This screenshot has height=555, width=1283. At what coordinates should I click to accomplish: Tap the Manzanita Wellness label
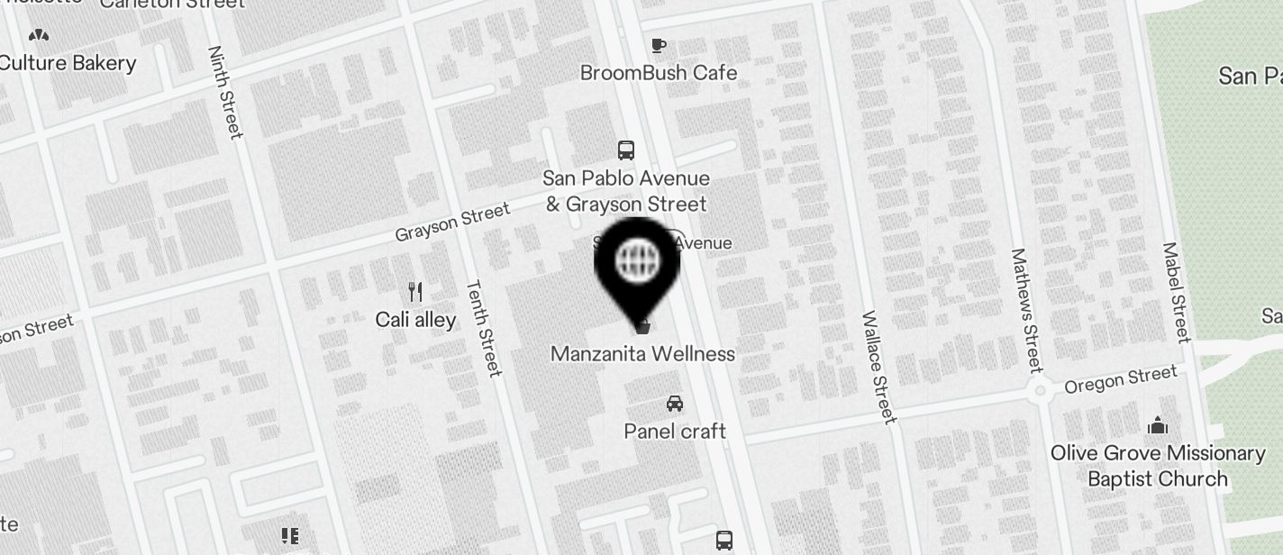click(642, 354)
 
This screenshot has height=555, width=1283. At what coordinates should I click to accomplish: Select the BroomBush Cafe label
click(659, 73)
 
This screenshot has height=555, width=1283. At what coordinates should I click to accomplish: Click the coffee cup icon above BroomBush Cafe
click(659, 45)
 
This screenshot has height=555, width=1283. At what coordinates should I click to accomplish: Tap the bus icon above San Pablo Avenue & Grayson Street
click(626, 150)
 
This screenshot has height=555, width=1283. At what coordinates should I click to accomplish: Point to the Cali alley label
click(415, 320)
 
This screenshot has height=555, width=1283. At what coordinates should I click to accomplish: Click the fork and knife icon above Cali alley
click(415, 292)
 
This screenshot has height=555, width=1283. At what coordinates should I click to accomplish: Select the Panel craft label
click(675, 432)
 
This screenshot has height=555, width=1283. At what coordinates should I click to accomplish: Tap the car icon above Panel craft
click(675, 403)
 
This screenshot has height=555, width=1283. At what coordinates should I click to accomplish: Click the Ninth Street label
click(225, 93)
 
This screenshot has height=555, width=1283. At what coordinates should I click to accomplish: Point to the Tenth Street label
click(483, 328)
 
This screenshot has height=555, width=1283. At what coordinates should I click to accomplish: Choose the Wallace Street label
click(879, 367)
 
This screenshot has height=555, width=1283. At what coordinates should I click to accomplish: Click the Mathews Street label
click(1026, 310)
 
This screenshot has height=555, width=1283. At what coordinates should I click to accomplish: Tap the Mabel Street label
click(1177, 292)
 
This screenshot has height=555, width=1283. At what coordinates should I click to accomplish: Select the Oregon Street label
click(1120, 379)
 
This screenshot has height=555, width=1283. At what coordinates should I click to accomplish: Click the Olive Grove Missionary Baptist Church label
click(1158, 466)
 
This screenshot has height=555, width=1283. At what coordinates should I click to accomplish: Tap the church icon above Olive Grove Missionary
click(1158, 425)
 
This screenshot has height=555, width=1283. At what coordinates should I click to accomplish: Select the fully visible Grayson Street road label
click(452, 223)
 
